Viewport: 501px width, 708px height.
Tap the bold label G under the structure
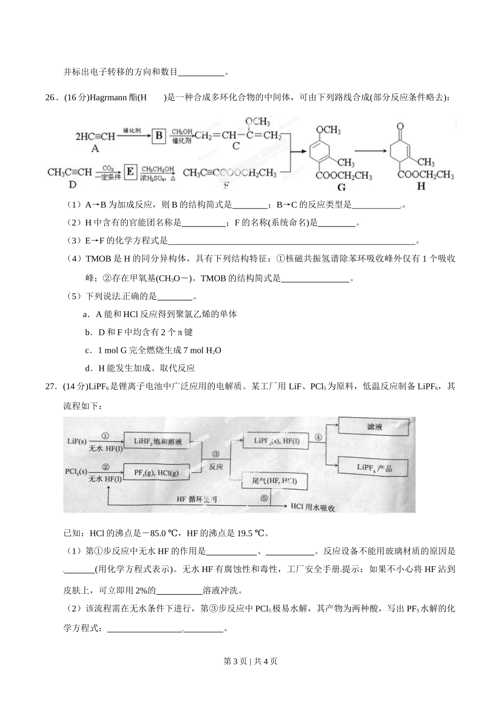[341, 187]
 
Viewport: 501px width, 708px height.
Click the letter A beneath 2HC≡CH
[95, 149]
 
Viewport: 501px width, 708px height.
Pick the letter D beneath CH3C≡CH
[73, 184]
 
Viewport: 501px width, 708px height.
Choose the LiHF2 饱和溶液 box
[157, 441]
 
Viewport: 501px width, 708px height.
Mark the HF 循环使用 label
[196, 499]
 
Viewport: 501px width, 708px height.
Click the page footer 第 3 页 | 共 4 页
[250, 661]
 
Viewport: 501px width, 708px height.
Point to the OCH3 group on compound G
[327, 130]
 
